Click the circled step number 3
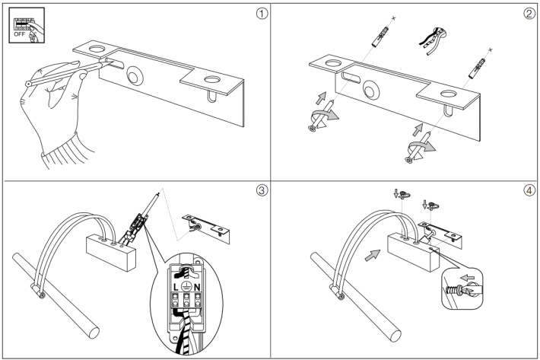pos(262,190)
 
